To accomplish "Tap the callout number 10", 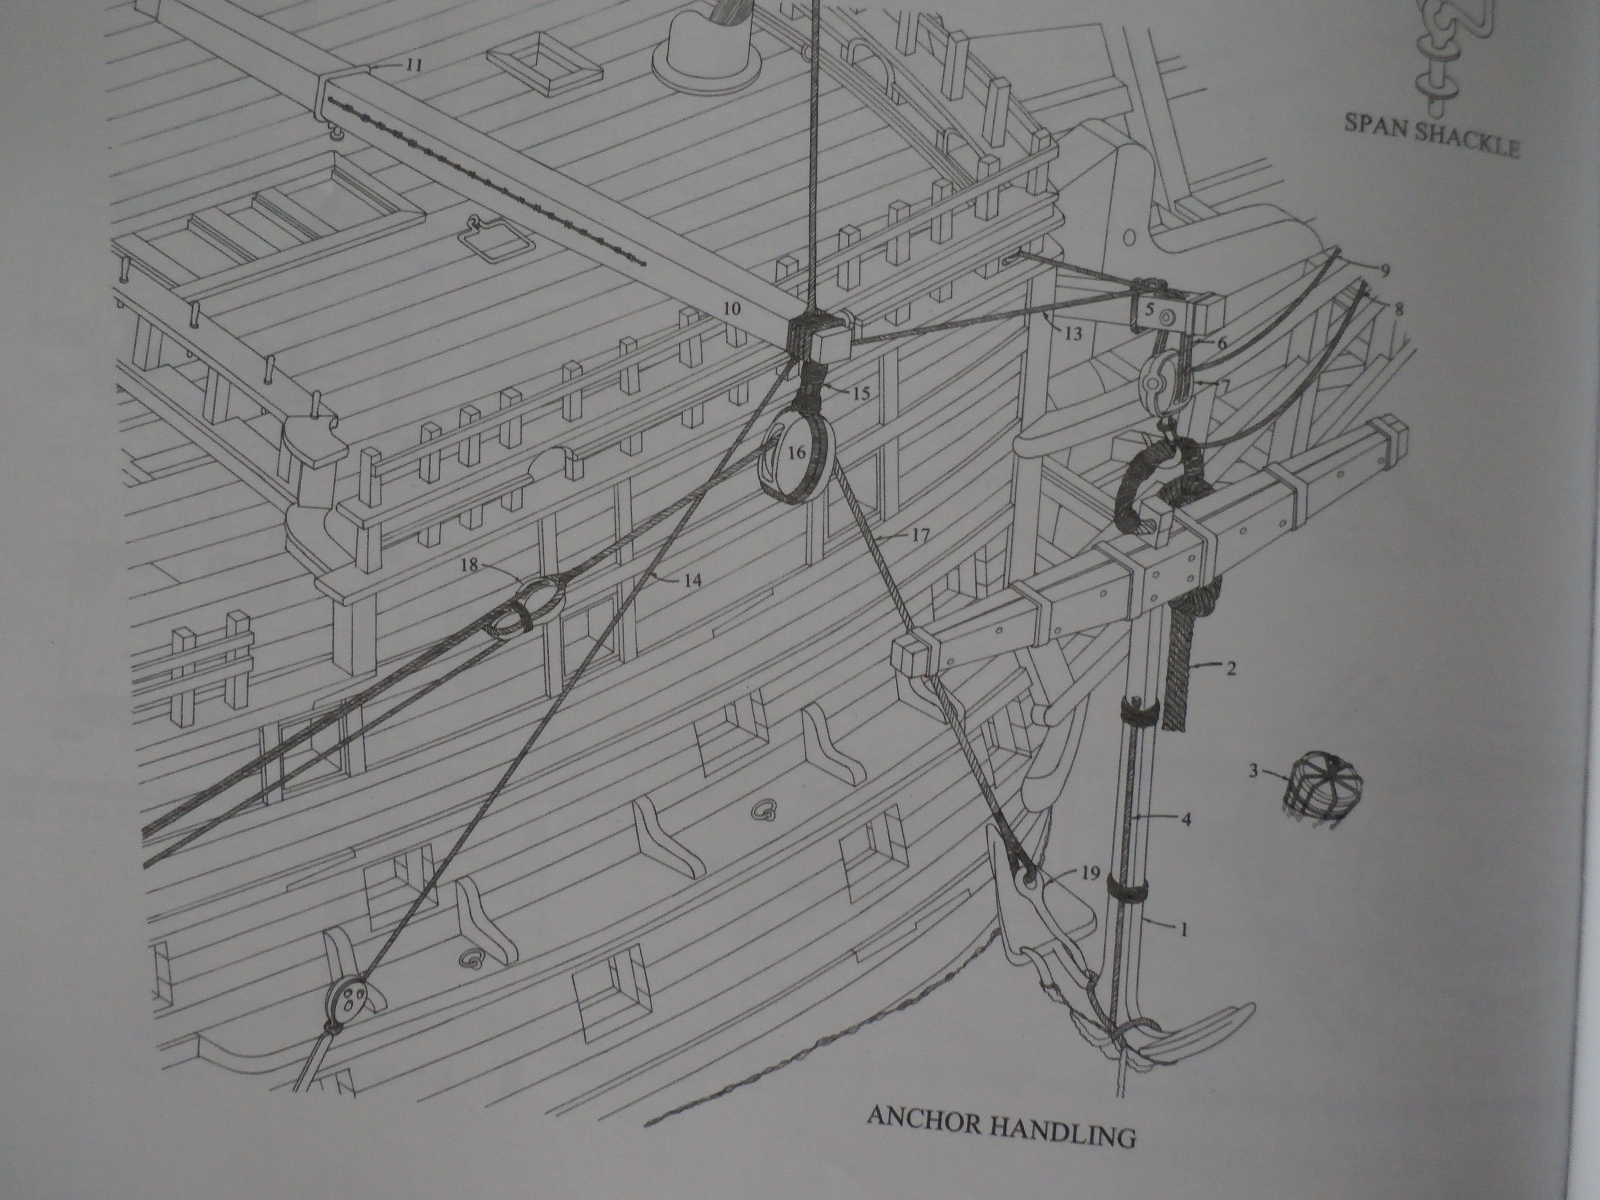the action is coord(731,309).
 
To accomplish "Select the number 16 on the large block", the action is coord(797,453).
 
